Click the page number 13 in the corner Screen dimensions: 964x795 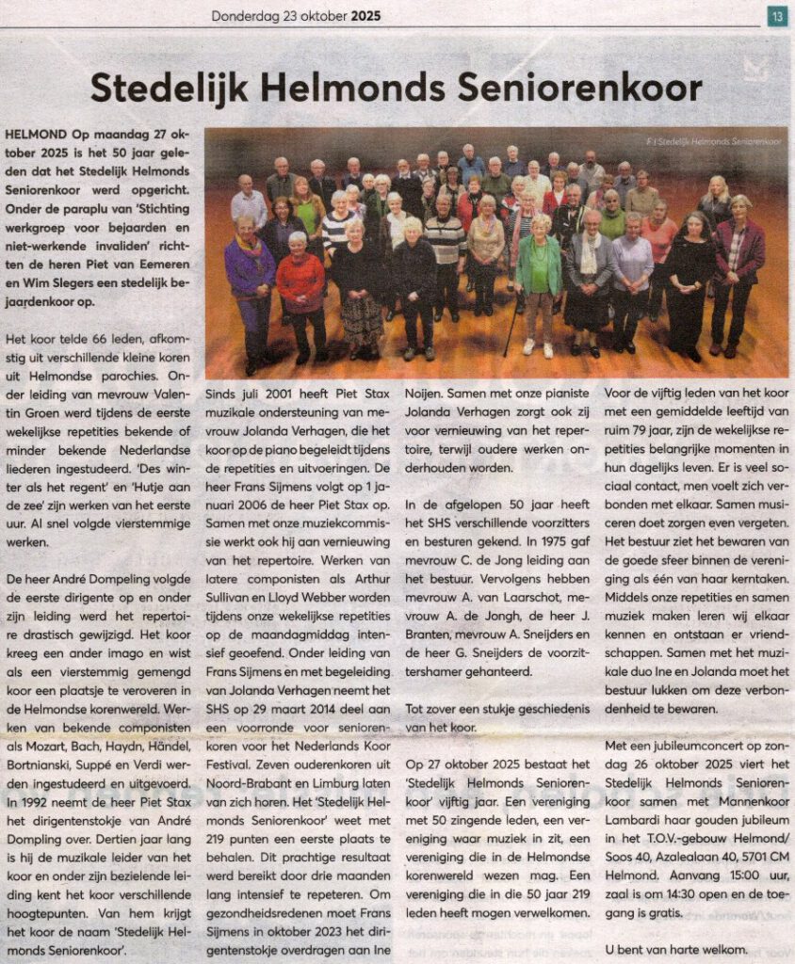pyautogui.click(x=777, y=15)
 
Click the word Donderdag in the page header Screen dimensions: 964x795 pyautogui.click(x=244, y=15)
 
